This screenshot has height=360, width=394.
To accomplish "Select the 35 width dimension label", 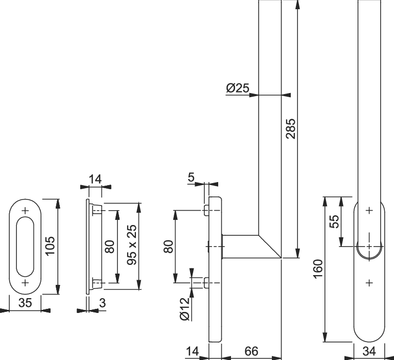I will [x=25, y=303].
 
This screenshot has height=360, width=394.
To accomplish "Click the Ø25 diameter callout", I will [x=238, y=88].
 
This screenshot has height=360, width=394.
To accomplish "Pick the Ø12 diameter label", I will [x=184, y=308].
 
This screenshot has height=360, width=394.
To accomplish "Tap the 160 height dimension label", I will [x=317, y=270].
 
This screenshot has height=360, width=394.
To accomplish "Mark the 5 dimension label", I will [x=191, y=177].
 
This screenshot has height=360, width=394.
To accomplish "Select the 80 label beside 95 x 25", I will [x=109, y=246].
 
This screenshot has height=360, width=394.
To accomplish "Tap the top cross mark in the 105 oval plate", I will [x=26, y=210].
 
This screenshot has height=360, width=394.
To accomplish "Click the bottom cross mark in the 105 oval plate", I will [x=26, y=282].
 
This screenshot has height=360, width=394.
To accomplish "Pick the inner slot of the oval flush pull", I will [x=26, y=246].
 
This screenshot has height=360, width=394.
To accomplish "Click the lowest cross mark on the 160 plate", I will [x=369, y=282].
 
